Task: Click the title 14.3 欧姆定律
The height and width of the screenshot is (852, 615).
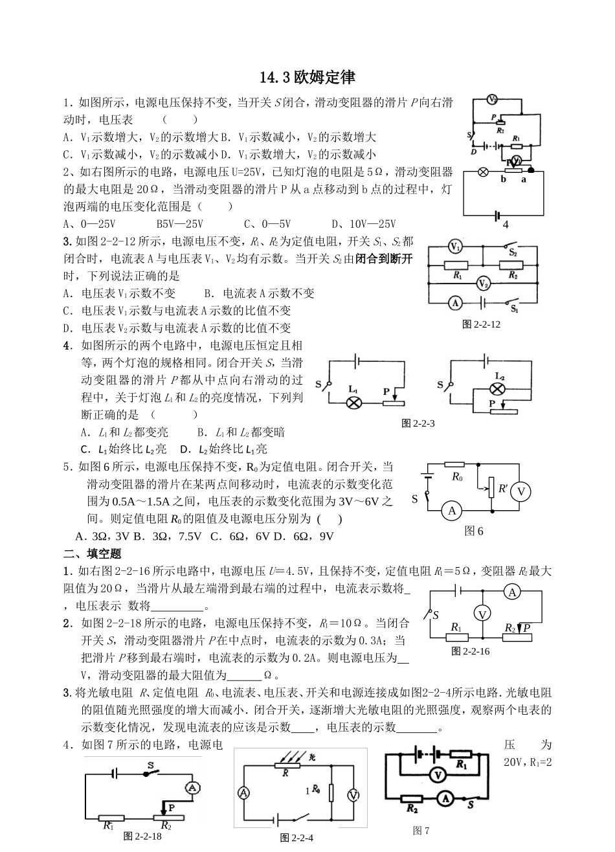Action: tap(307, 78)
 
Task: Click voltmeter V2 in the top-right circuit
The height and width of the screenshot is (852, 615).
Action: tap(493, 99)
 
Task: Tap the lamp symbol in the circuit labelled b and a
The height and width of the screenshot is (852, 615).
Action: tap(483, 172)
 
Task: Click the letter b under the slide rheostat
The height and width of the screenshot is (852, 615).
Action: tap(503, 179)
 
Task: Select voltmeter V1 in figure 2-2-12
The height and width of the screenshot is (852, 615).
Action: tap(455, 247)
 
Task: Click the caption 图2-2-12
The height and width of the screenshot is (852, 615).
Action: tap(482, 324)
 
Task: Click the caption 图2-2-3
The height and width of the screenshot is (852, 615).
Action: tap(418, 423)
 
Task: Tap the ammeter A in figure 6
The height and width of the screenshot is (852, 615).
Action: tap(451, 511)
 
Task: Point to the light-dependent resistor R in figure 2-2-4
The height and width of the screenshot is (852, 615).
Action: tap(283, 766)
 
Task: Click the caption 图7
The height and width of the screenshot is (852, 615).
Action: tap(421, 831)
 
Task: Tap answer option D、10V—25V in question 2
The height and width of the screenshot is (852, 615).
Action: tap(363, 224)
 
